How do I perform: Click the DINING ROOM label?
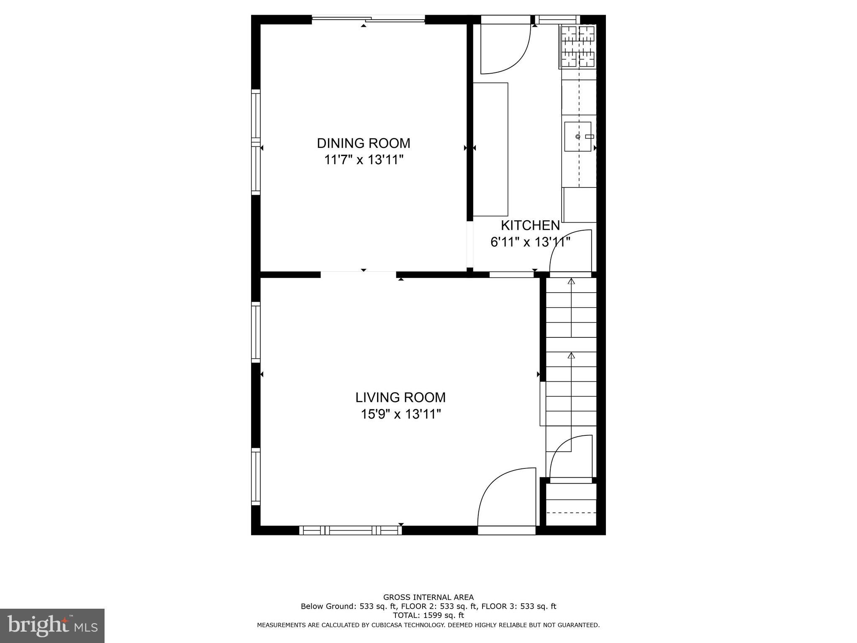coord(363,143)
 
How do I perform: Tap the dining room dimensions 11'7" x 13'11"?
coord(363,160)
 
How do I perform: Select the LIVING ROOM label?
coord(400,397)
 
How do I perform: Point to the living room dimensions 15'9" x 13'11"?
coord(400,414)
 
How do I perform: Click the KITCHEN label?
coord(530,226)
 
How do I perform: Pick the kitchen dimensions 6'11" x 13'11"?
coord(530,242)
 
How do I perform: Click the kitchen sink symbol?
coord(578,136)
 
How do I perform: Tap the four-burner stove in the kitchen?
coord(578,46)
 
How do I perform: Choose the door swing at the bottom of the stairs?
coord(570,456)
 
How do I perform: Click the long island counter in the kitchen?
coord(490,149)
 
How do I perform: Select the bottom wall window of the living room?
coord(351,530)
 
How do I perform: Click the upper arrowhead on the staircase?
coord(571,281)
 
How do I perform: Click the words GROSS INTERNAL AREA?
coord(428,597)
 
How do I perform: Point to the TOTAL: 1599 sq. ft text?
coord(428,615)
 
